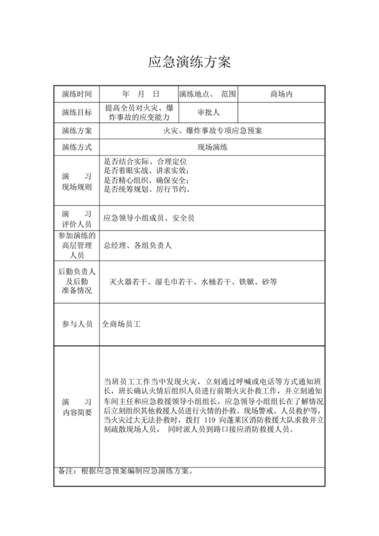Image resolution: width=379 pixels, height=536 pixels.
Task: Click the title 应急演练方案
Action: (189, 63)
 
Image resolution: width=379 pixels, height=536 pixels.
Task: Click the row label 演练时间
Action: (76, 93)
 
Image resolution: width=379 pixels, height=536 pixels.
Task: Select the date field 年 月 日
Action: (139, 93)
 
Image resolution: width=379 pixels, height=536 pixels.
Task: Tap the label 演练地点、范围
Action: (208, 93)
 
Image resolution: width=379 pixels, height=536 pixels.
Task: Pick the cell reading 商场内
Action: (281, 93)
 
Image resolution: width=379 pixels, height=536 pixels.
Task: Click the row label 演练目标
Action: (76, 112)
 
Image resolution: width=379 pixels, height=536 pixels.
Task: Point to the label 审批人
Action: (208, 112)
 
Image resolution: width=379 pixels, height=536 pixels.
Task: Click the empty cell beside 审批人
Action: (281, 112)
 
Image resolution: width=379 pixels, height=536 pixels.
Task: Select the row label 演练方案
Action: (76, 130)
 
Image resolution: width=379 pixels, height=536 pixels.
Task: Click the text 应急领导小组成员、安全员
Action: (148, 218)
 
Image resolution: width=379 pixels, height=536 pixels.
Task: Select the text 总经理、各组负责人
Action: (137, 245)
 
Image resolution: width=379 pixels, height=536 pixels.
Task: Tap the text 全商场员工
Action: (120, 325)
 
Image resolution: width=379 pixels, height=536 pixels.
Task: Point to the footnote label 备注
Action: (64, 471)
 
